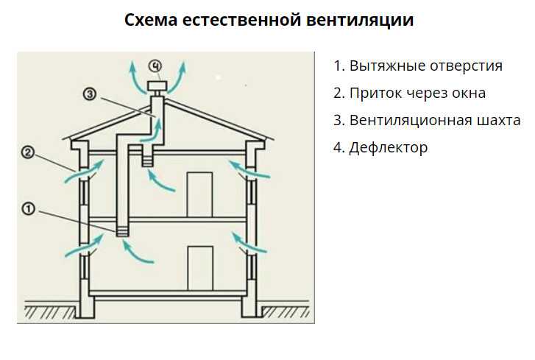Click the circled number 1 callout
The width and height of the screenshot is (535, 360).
tap(29, 208)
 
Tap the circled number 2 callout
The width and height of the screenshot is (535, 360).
tap(28, 152)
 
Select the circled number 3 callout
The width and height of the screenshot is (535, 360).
tap(90, 93)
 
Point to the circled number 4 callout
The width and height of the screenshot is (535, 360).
tap(155, 66)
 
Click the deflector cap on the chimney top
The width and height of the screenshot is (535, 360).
tap(157, 85)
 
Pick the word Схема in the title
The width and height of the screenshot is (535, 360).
tap(151, 20)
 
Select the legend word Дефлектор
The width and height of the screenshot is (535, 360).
tap(389, 148)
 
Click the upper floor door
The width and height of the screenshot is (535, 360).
tap(199, 194)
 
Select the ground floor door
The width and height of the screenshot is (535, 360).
tap(200, 269)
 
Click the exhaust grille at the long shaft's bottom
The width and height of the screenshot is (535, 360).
tap(122, 232)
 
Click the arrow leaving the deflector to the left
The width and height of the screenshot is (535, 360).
tap(136, 78)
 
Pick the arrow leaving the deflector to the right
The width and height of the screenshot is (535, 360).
tap(178, 78)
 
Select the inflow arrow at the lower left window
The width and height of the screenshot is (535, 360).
tap(85, 244)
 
